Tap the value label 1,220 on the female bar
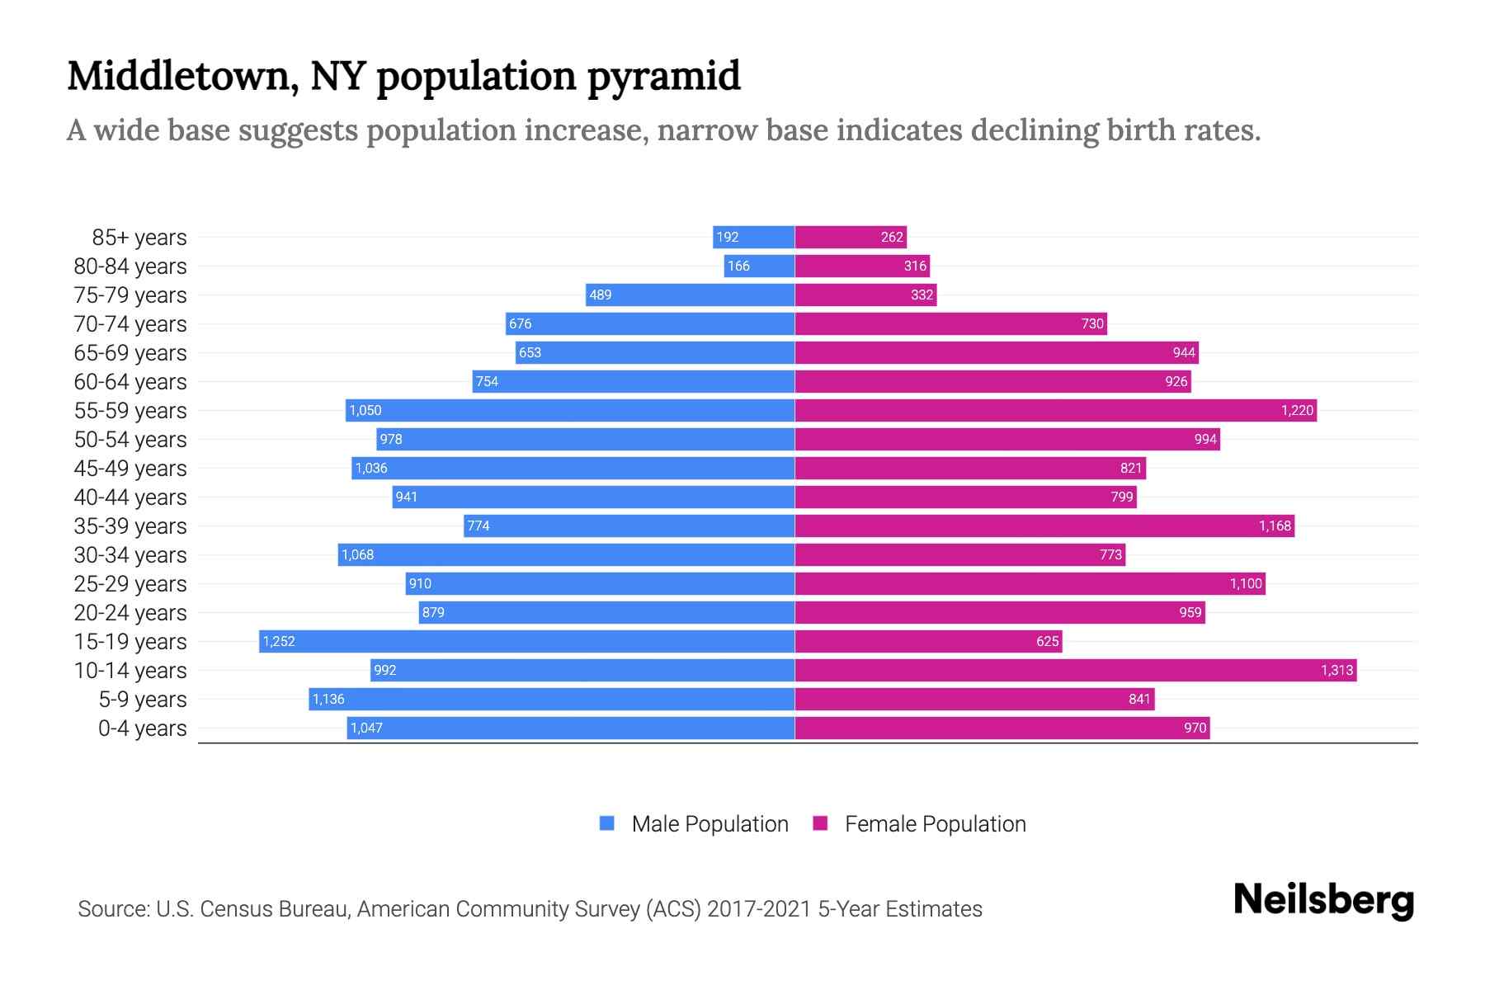pyautogui.click(x=1296, y=410)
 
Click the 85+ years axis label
pyautogui.click(x=139, y=238)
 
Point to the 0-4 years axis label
pyautogui.click(x=142, y=728)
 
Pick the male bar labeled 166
pyautogui.click(x=759, y=266)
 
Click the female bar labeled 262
pyautogui.click(x=850, y=237)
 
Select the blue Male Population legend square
pyautogui.click(x=607, y=823)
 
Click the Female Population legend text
pyautogui.click(x=935, y=824)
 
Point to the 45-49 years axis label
pyautogui.click(x=130, y=469)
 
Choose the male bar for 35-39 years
pyautogui.click(x=629, y=526)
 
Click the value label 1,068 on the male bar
pyautogui.click(x=358, y=554)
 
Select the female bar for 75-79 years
pyautogui.click(x=865, y=295)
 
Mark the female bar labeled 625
pyautogui.click(x=928, y=641)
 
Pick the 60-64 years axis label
pyautogui.click(x=130, y=382)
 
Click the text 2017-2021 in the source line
pyautogui.click(x=758, y=909)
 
